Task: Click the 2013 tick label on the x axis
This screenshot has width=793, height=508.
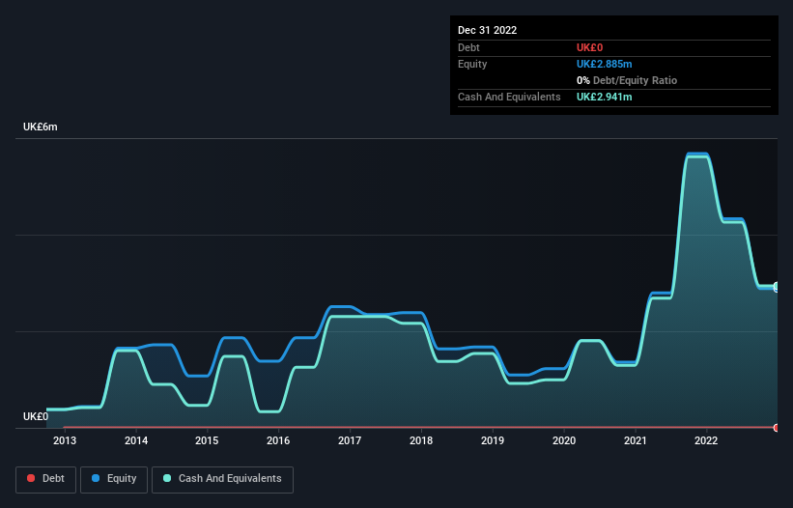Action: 65,441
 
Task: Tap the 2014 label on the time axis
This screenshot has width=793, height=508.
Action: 136,441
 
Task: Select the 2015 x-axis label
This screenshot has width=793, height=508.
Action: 207,441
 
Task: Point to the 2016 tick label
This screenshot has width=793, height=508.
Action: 278,441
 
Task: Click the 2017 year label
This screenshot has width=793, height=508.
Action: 350,441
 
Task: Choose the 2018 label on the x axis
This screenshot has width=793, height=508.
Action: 421,441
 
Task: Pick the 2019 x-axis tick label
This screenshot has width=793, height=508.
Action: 493,441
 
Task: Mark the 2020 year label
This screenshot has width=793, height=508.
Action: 564,441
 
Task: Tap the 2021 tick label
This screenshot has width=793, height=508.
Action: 636,441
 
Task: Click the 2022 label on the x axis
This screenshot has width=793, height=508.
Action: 707,441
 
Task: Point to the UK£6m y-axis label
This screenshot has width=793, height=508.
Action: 41,127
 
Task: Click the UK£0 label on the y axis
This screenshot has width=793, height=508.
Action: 36,416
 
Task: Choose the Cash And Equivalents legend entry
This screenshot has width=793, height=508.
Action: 222,478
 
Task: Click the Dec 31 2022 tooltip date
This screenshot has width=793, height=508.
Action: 488,30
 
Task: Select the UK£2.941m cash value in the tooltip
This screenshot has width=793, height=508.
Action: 604,97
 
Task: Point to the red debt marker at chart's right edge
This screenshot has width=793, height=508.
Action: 777,427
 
